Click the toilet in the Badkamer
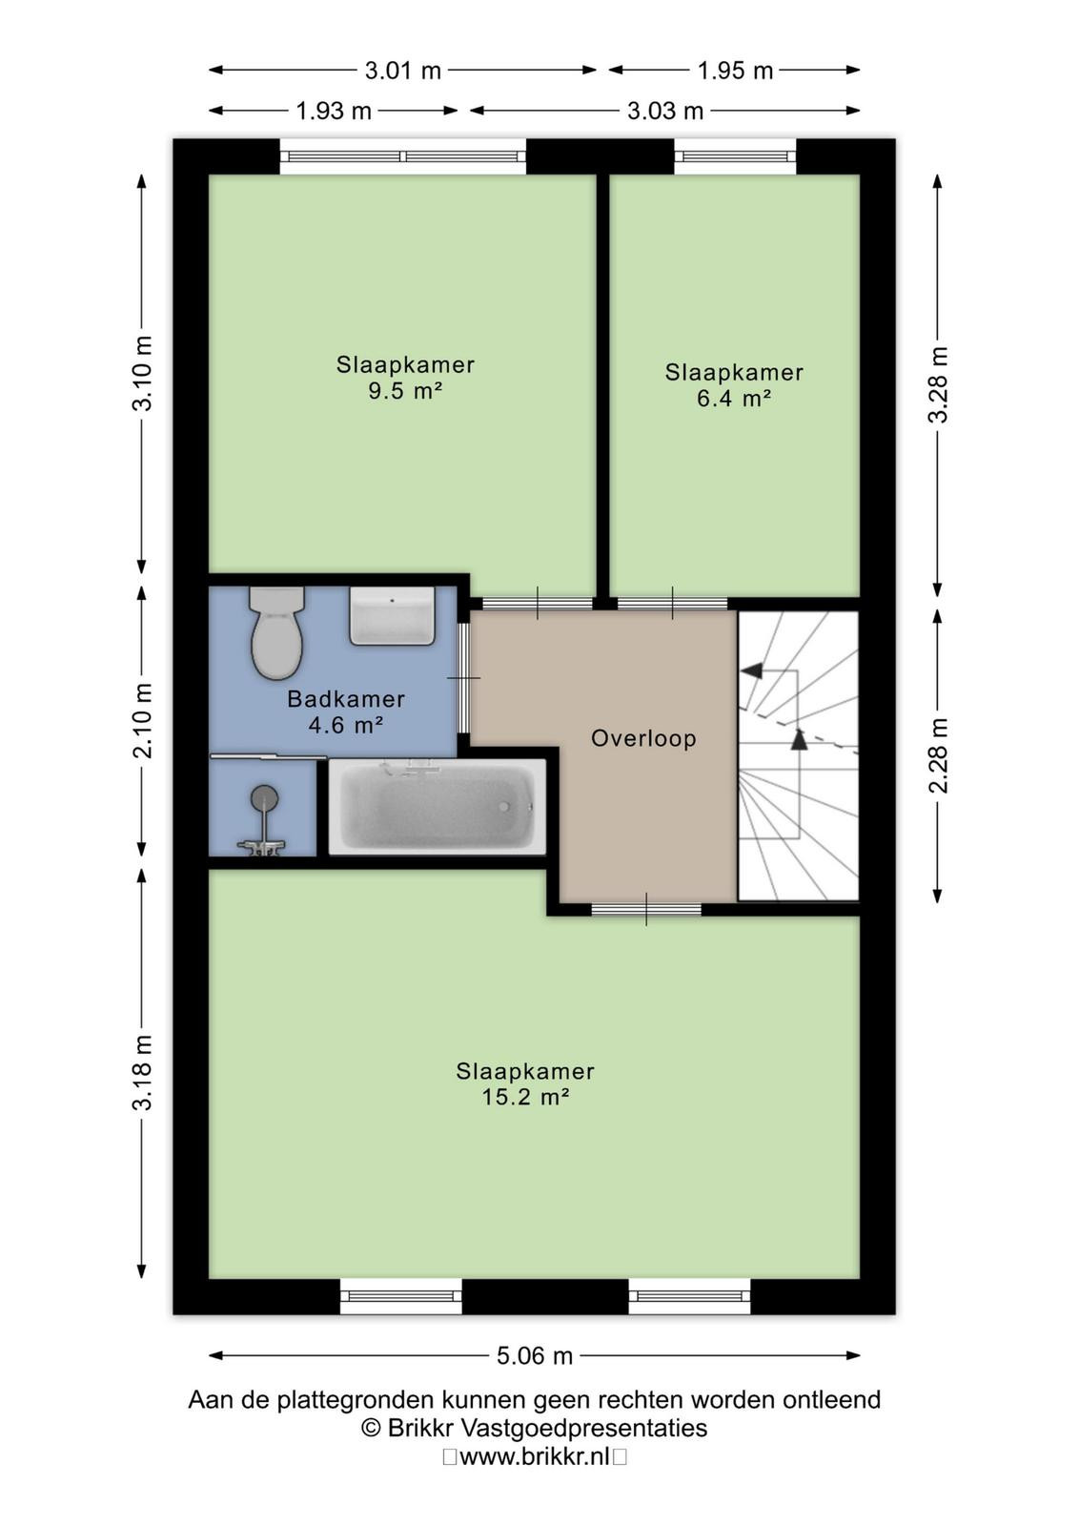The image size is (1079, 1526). coord(276,632)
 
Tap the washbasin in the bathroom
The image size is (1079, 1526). coord(392,615)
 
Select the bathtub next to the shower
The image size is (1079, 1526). coord(438,807)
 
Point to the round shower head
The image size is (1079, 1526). coord(264,796)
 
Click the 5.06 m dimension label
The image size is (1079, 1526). coord(535,1355)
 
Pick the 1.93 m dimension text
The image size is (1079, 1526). coord(334,111)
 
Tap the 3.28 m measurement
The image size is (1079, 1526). coord(938,384)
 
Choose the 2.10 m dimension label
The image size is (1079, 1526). coord(142,720)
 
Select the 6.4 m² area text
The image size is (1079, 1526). coord(734,398)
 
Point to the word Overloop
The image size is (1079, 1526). coord(643,738)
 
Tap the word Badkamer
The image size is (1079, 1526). coord(346,698)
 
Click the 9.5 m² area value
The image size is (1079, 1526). coord(405,390)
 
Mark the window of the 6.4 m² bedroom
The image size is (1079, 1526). coord(735,156)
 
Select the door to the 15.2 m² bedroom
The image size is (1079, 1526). coord(646,909)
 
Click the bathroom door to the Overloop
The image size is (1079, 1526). coord(463,678)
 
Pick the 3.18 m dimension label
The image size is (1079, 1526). coord(142,1073)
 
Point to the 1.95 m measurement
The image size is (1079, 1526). coord(735,71)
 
